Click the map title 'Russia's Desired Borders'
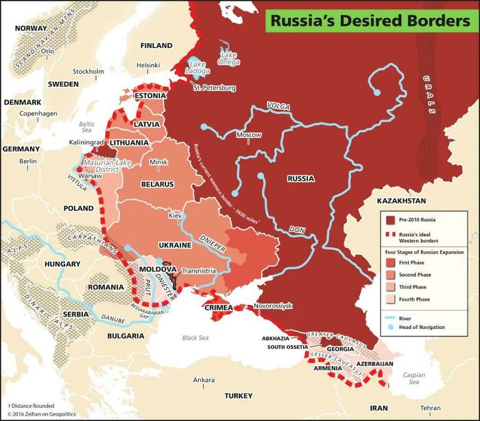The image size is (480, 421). [x=370, y=21]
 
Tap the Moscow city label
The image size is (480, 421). [x=249, y=135]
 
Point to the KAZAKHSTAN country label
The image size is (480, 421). [x=401, y=201]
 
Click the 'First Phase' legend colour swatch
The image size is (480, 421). [x=389, y=262]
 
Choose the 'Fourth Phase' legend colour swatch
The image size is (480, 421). [x=389, y=299]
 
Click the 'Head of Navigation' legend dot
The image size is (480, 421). [x=389, y=328]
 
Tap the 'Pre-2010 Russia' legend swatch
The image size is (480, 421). [x=389, y=220]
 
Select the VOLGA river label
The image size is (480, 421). [x=278, y=108]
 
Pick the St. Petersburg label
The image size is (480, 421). [x=214, y=88]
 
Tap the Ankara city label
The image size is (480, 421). [x=204, y=380]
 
